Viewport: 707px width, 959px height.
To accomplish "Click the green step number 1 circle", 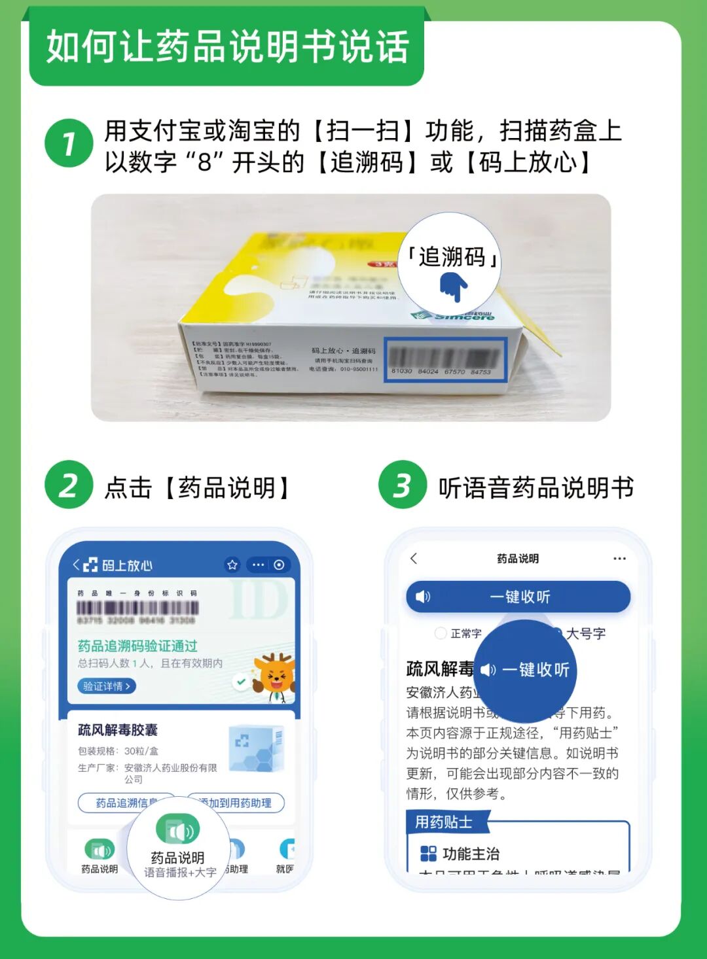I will (69, 143).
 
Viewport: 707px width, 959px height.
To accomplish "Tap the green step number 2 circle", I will (69, 485).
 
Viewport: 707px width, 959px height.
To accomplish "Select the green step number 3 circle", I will (403, 485).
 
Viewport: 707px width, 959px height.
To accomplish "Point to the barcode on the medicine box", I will (444, 357).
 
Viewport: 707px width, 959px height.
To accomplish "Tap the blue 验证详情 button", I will (107, 686).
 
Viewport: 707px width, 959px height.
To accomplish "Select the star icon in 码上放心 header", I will (232, 565).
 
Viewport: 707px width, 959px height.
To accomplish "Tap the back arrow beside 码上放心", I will (76, 565).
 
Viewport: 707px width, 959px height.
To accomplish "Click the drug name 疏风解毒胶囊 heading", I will (118, 730).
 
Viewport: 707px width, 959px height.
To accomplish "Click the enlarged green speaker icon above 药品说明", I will (177, 830).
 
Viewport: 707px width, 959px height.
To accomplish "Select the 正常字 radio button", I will (441, 633).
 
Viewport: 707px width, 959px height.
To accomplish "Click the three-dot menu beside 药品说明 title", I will (619, 559).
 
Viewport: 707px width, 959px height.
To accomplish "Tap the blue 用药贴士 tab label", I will (444, 822).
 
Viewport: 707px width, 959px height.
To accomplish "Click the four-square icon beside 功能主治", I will (428, 854).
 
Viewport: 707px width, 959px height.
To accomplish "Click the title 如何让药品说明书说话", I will (227, 47).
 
